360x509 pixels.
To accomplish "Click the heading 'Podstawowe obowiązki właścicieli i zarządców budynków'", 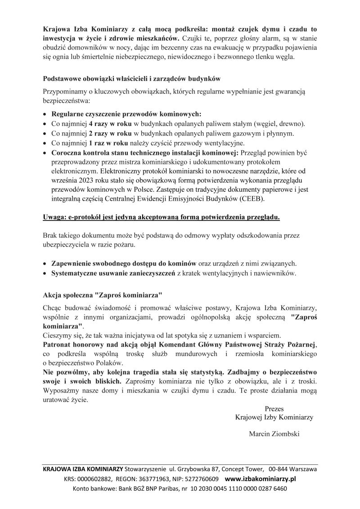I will click(x=131, y=79).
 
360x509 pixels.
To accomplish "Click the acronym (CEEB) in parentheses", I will click(x=252, y=199).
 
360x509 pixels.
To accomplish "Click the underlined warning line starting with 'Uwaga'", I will click(x=162, y=217).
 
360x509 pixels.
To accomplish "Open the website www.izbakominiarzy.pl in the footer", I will click(x=260, y=479).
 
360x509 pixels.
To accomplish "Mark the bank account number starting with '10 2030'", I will click(x=239, y=489).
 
